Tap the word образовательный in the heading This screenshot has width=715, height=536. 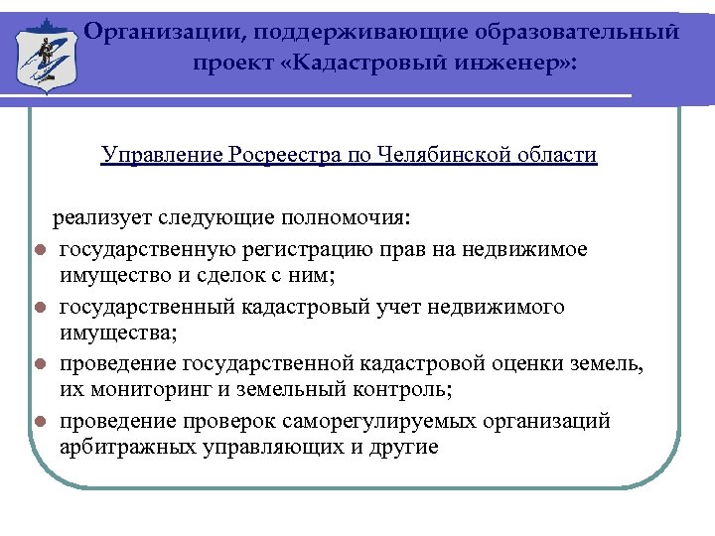coord(596,31)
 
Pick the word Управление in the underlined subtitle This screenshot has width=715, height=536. coord(162,156)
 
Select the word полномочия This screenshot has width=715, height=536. coord(354,218)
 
